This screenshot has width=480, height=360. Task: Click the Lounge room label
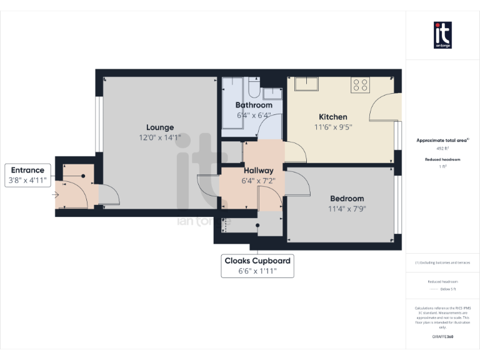pos(160,127)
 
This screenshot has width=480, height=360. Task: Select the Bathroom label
pos(253,105)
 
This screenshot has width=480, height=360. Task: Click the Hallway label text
pos(258,171)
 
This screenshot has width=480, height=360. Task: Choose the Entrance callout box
pos(27,175)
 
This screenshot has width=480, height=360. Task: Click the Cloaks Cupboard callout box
pos(257,266)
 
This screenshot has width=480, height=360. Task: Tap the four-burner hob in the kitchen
pos(360,84)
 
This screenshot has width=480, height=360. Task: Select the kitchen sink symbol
pos(306,84)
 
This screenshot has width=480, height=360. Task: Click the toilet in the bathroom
pos(254,86)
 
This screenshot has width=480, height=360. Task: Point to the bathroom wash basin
pos(272,94)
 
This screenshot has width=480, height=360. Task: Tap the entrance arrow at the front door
pos(56,195)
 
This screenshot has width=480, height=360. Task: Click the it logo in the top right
pos(442,35)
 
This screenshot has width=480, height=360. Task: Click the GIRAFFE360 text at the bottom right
pos(442,337)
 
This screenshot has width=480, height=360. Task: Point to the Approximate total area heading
pos(442,141)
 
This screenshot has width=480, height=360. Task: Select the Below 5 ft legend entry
pos(446,289)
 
